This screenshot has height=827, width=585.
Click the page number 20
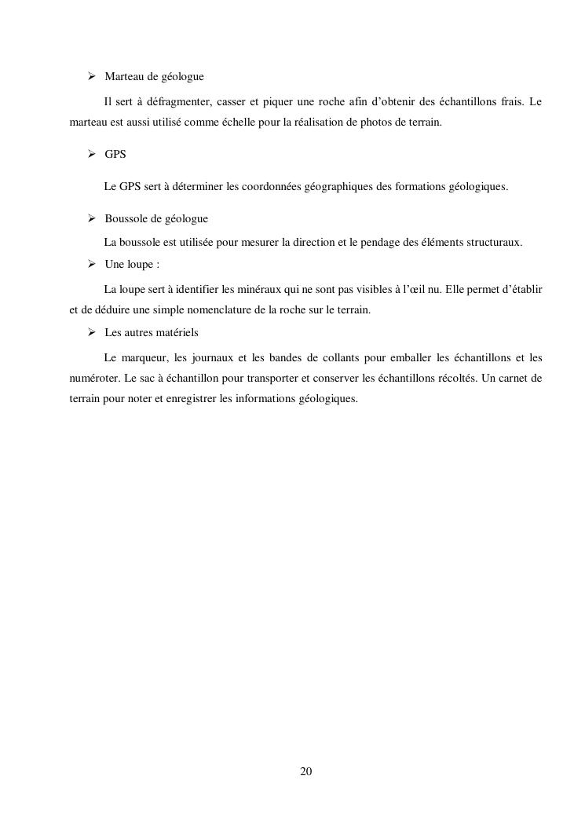click(306, 772)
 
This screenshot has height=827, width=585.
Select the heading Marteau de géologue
click(154, 77)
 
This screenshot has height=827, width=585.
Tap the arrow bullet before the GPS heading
click(91, 154)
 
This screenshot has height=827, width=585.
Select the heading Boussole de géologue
click(156, 218)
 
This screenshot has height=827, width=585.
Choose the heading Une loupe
click(132, 265)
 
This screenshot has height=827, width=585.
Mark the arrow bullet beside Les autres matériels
click(91, 332)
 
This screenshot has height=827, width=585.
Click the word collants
click(341, 358)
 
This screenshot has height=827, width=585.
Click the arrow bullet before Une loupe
click(91, 264)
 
